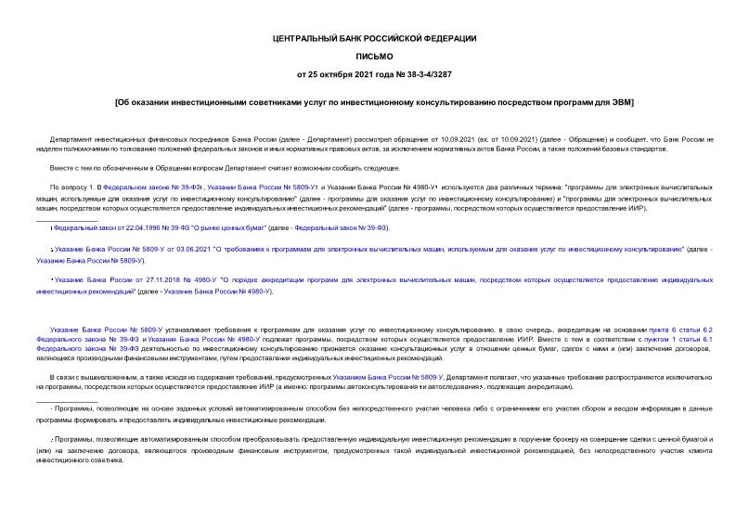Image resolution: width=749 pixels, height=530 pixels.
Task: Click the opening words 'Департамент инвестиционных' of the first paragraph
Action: tap(93, 139)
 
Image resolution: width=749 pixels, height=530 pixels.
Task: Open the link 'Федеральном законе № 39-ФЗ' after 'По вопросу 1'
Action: tap(136, 187)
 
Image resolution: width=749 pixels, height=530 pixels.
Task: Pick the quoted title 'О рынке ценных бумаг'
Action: tap(228, 227)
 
